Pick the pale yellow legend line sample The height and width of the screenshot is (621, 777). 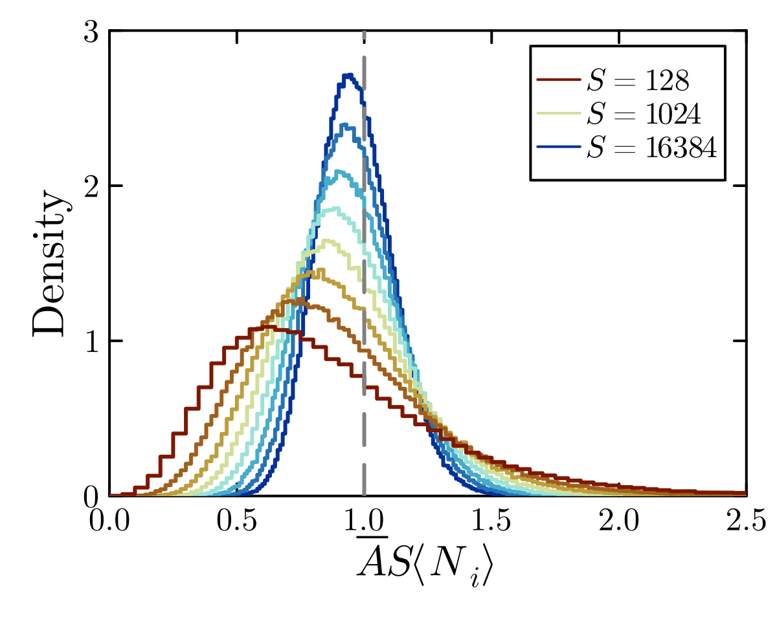pos(557,114)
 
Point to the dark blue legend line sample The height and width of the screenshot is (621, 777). pos(557,147)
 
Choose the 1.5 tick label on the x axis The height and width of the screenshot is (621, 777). pos(491,521)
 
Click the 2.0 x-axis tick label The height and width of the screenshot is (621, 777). pos(620,521)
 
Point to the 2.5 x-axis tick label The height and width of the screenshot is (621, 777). pos(746,521)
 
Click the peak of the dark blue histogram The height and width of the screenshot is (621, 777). pos(348,75)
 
